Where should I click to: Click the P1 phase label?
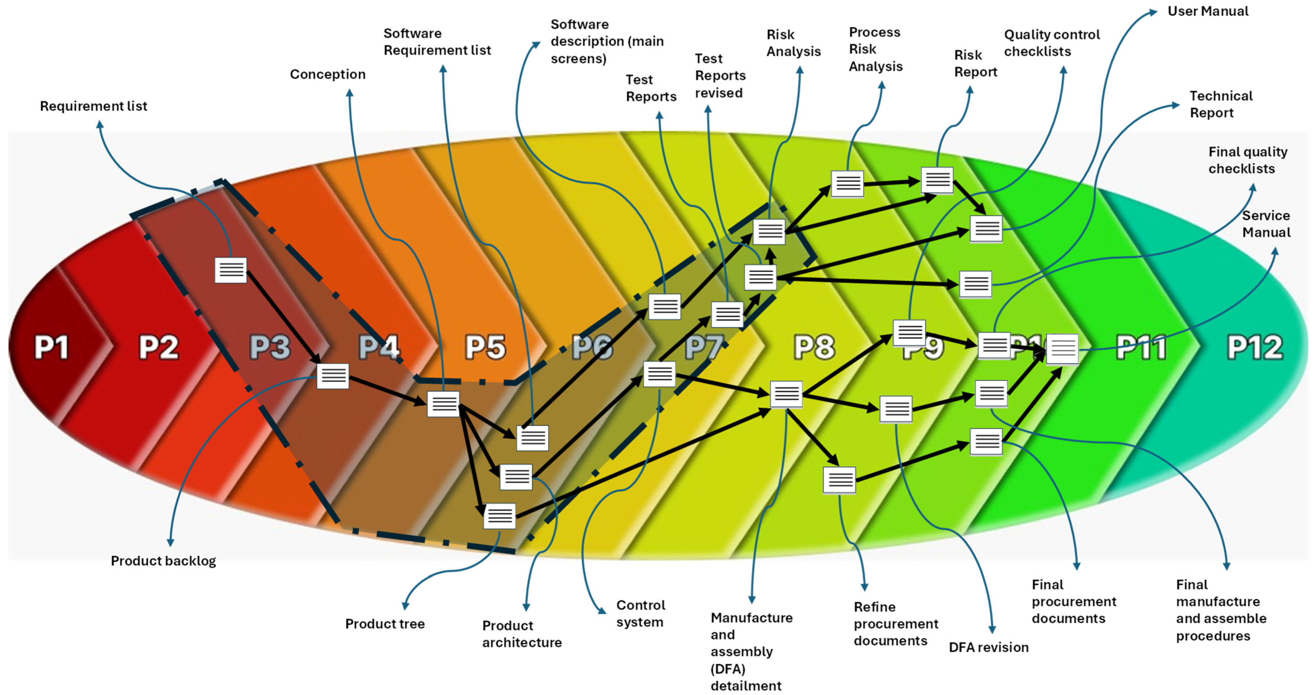click(x=51, y=348)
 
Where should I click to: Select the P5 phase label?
click(x=485, y=348)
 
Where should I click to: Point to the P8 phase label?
click(x=814, y=348)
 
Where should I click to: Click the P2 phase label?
click(x=159, y=348)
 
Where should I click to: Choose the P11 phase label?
click(x=1141, y=348)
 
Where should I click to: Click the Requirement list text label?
click(x=94, y=106)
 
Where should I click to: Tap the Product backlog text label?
click(x=163, y=561)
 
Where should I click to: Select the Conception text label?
click(x=328, y=75)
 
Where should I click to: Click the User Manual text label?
click(x=1208, y=11)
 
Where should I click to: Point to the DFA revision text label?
click(x=988, y=647)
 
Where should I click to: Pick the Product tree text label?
click(x=385, y=624)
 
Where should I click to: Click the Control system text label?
click(x=640, y=613)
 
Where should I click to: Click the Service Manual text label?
click(x=1266, y=224)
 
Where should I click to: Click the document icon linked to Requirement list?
click(x=231, y=270)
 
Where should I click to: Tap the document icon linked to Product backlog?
click(x=333, y=376)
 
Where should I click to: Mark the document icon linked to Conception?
click(x=443, y=404)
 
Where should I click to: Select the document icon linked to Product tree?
click(x=500, y=516)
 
